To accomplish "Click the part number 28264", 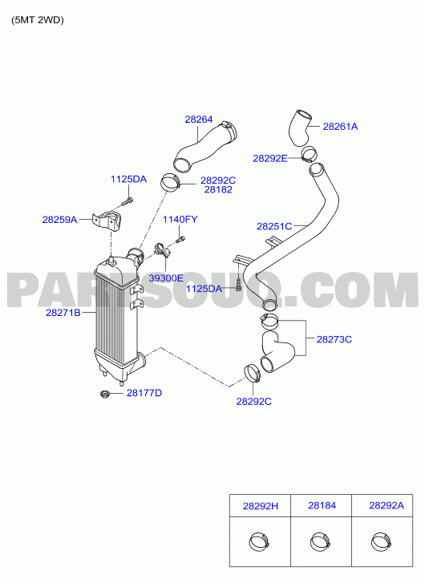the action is click(199, 119).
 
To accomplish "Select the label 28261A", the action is click(340, 127).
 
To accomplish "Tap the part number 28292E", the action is click(270, 159).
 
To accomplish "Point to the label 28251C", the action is click(274, 226).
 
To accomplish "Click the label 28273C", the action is click(334, 339).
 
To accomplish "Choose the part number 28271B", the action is click(63, 313).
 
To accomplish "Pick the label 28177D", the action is click(144, 393).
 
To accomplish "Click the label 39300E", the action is click(166, 277).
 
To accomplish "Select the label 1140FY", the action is click(180, 220).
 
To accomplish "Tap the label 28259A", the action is click(59, 220).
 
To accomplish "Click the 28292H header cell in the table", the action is click(260, 506).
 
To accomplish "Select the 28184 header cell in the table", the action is click(322, 506).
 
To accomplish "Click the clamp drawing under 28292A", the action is click(382, 542).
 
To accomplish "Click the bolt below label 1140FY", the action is click(180, 239).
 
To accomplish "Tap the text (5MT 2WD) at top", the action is click(38, 20).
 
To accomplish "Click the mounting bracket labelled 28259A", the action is click(107, 221).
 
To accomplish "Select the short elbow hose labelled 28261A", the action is click(300, 128).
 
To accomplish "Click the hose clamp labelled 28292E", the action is click(309, 154).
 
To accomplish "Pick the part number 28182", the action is click(218, 189).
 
